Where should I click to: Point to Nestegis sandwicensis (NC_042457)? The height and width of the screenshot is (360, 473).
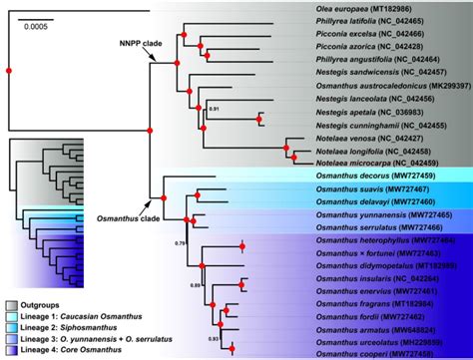click(378, 73)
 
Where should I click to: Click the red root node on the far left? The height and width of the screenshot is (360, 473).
click(8, 70)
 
